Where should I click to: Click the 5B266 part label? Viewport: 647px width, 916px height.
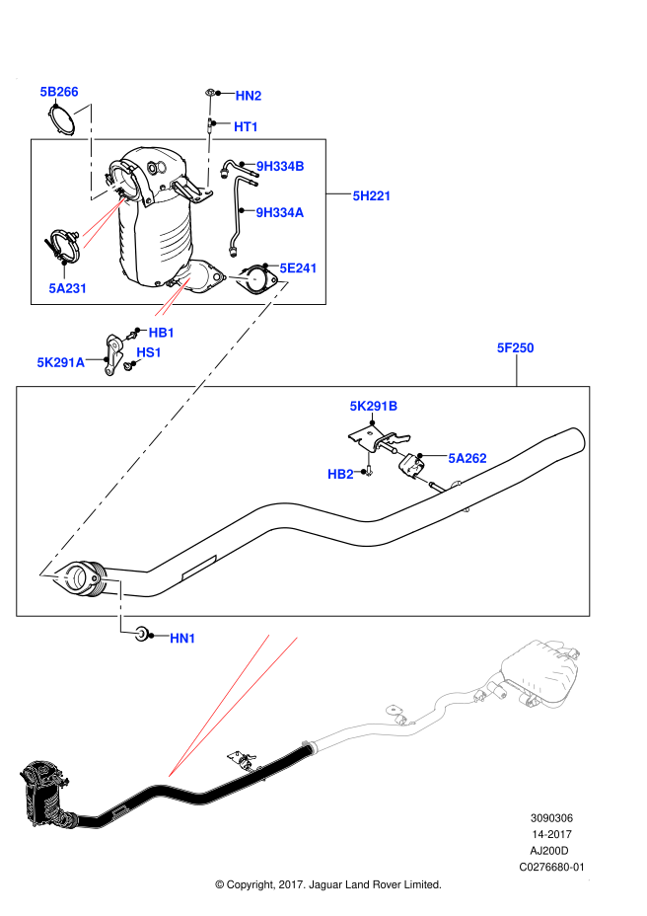(x=59, y=92)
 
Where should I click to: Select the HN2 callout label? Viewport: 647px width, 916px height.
(x=249, y=96)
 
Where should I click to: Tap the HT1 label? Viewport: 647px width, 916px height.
(x=247, y=126)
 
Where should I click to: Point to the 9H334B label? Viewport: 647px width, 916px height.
(x=280, y=166)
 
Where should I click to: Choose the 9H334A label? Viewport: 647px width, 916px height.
(x=280, y=212)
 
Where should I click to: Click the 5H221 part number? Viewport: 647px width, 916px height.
(x=372, y=195)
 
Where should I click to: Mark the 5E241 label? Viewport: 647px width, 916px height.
(x=298, y=268)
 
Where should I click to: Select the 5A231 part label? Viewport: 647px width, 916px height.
(x=68, y=288)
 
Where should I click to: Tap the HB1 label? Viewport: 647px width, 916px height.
(x=162, y=333)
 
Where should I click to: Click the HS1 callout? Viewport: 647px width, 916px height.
(x=149, y=352)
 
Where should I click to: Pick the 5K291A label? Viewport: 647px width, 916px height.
(x=61, y=362)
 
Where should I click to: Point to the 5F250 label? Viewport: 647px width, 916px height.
(x=515, y=347)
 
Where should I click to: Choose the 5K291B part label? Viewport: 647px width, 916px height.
(x=374, y=406)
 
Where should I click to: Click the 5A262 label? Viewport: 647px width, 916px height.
(x=467, y=458)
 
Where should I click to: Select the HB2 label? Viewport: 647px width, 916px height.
(x=340, y=474)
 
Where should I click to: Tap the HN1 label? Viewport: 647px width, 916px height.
(x=182, y=639)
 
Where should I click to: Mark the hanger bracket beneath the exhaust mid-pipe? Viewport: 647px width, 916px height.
(x=240, y=759)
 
